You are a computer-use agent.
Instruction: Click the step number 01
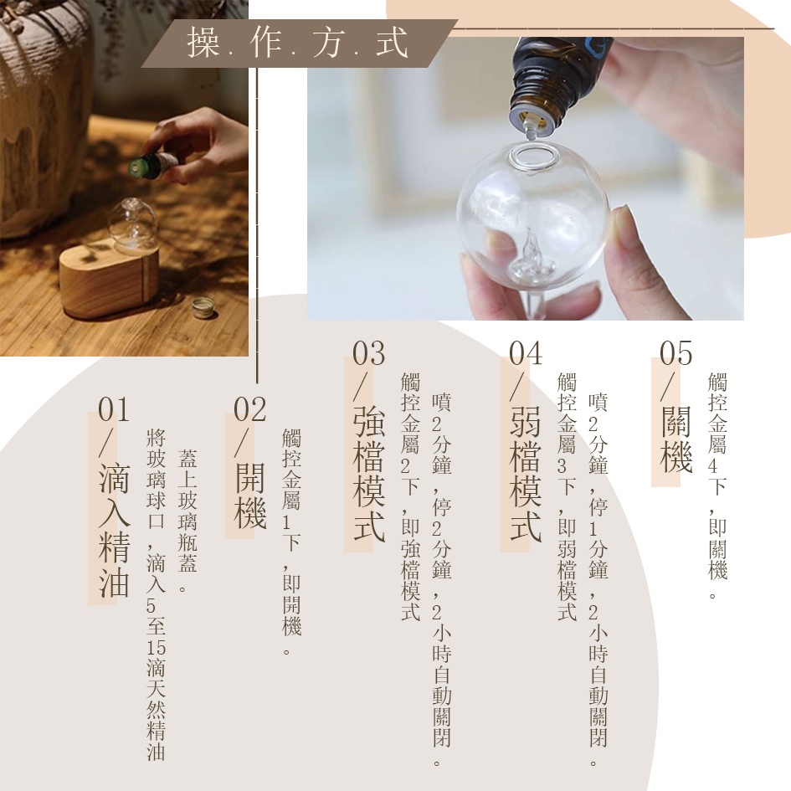coord(114,409)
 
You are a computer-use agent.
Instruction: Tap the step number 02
coord(249,409)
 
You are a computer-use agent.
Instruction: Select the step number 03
coord(369,352)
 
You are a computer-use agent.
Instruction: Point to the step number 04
coord(526,352)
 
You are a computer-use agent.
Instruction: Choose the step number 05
coord(676,352)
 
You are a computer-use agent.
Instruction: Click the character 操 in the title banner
coord(203,43)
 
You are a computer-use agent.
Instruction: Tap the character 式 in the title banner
coord(392,43)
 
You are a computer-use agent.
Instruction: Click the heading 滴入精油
coord(115,529)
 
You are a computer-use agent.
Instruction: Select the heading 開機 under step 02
coord(251,496)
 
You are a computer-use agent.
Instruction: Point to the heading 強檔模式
coord(370,474)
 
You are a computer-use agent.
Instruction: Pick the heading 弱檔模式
coord(526,474)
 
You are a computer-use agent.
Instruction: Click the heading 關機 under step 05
coord(676,439)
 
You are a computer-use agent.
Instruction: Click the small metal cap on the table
coord(203,307)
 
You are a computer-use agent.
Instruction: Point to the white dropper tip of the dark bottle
coord(531,128)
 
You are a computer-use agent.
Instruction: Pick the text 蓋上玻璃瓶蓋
coord(187,511)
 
